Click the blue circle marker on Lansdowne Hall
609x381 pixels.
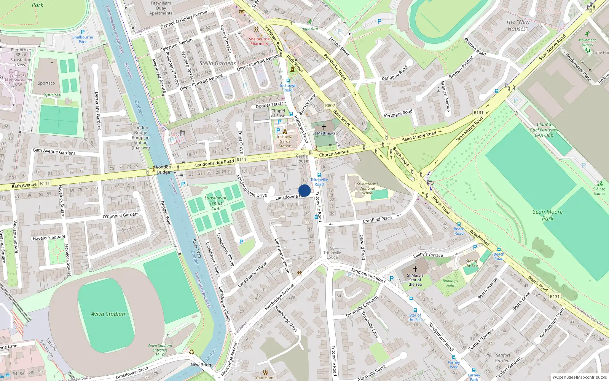[304, 190]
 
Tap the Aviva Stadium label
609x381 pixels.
[109, 314]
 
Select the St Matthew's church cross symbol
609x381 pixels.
[324, 127]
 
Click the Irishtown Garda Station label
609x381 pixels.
[285, 141]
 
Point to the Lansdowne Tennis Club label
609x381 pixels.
[216, 203]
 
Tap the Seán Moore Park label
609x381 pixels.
[547, 215]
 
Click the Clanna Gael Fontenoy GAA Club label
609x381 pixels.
[544, 130]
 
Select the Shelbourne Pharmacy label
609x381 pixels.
[259, 41]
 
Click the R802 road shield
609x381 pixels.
[330, 106]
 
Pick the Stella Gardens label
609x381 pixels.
[217, 63]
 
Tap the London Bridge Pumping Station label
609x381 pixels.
[140, 138]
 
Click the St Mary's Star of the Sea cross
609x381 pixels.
[415, 269]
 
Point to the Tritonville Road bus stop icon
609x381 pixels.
[319, 175]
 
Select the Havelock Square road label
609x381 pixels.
[49, 238]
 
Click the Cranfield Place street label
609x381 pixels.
[377, 220]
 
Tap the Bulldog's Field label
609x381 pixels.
[450, 283]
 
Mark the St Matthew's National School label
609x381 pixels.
[368, 188]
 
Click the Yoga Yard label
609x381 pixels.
[309, 29]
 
